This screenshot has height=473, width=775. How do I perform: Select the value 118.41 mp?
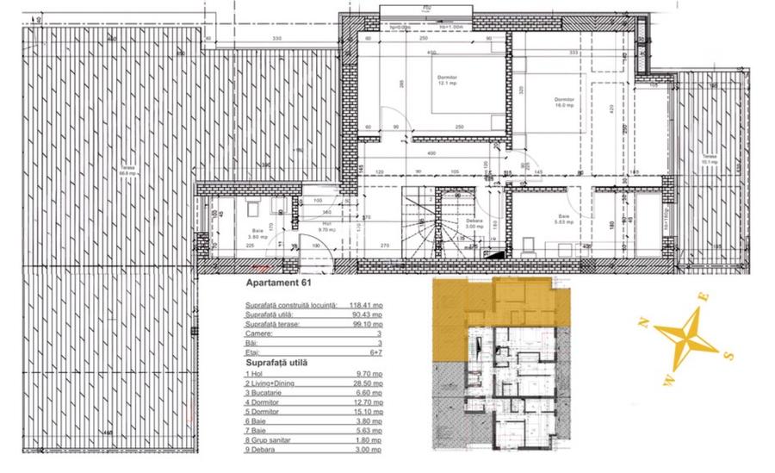(366, 305)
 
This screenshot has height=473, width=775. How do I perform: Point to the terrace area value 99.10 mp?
(366, 326)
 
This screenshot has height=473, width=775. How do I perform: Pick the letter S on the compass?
(728, 354)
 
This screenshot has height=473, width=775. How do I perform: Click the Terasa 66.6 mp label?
(128, 170)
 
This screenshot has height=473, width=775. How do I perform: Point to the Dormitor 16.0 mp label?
(564, 102)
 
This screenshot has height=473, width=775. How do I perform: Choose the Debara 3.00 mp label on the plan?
(474, 224)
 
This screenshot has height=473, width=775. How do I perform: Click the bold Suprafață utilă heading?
(270, 362)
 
